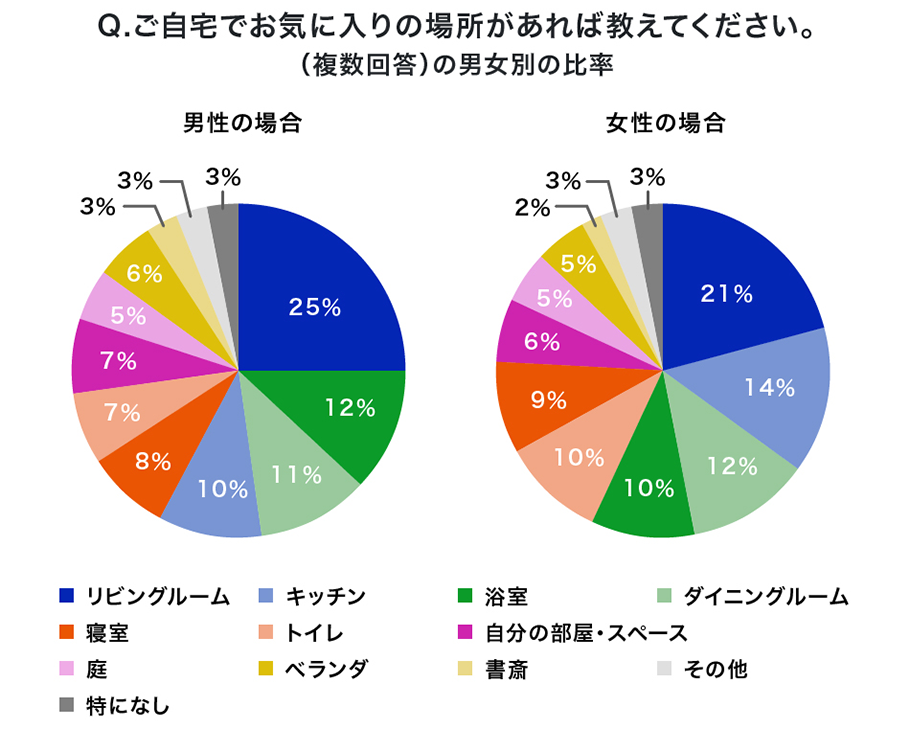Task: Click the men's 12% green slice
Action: point(345,410)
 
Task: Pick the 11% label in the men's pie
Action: point(296,474)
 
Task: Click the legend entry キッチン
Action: point(325,597)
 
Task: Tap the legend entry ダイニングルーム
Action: point(766,597)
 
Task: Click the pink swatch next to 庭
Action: point(67,669)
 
